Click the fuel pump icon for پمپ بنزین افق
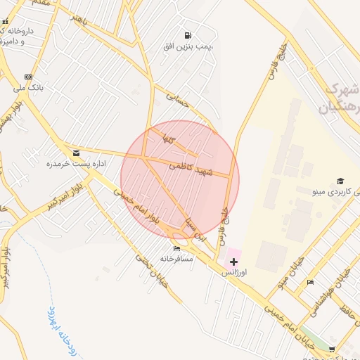pos(187,35)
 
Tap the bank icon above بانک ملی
pos(28,77)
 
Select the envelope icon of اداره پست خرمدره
pos(76,153)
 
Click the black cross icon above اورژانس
pos(233,261)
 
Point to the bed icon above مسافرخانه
pos(176,248)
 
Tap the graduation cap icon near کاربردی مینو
pos(340,181)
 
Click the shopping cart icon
pos(332,349)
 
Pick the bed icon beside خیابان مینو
pos(310,283)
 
